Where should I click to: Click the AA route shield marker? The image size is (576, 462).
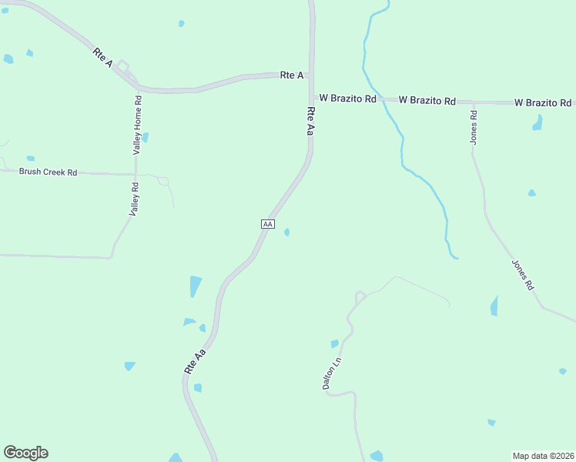[x=267, y=223]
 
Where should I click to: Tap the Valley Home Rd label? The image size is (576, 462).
[x=138, y=126]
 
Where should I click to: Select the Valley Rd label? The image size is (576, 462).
[x=134, y=198]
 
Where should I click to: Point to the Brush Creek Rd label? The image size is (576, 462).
[x=48, y=172]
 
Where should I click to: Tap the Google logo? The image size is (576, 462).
[x=25, y=453]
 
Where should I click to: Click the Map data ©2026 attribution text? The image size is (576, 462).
[x=544, y=455]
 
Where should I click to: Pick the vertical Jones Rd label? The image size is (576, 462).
[x=474, y=127]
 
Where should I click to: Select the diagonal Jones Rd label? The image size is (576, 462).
[x=523, y=274]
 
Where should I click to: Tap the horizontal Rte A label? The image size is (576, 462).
[x=291, y=75]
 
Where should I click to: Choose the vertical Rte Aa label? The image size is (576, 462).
[x=310, y=122]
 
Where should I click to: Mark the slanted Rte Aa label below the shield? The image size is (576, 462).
[x=196, y=362]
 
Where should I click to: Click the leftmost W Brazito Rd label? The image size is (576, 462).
[x=347, y=99]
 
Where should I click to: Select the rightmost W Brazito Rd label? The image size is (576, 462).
[x=542, y=102]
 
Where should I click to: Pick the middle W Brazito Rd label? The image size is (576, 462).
[x=427, y=100]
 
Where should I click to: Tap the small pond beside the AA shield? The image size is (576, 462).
[x=287, y=232]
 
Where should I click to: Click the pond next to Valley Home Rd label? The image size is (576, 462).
[x=145, y=138]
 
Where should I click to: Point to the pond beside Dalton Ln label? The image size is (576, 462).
[x=334, y=344]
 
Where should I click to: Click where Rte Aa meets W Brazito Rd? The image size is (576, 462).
[x=312, y=98]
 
